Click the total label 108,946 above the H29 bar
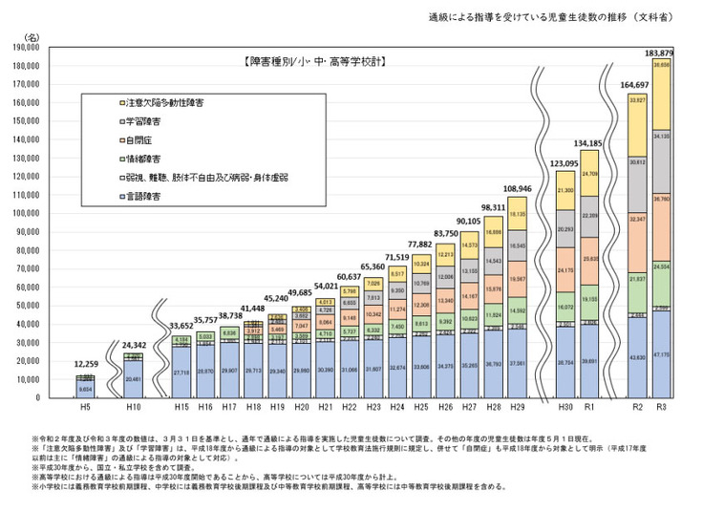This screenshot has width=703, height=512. point(517,188)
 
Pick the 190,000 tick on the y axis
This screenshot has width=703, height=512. point(23,46)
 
